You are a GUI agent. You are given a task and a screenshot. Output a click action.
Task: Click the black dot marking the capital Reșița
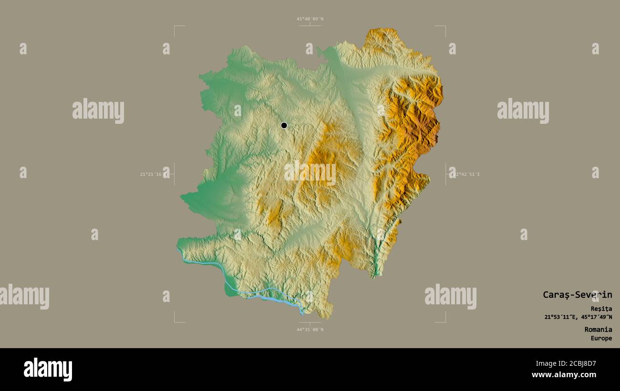284,125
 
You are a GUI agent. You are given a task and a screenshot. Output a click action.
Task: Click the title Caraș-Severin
577,295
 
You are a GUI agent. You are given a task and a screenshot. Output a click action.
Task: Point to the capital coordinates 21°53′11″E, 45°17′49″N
578,317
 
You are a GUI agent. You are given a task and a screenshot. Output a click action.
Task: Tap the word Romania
598,330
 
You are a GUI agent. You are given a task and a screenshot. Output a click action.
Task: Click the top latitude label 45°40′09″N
310,19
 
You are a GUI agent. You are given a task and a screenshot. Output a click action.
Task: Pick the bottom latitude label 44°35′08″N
310,330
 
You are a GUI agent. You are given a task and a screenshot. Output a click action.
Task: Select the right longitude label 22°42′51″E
466,174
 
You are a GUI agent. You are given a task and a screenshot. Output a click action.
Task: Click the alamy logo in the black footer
48,370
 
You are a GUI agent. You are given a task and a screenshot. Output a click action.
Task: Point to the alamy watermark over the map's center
310,172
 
